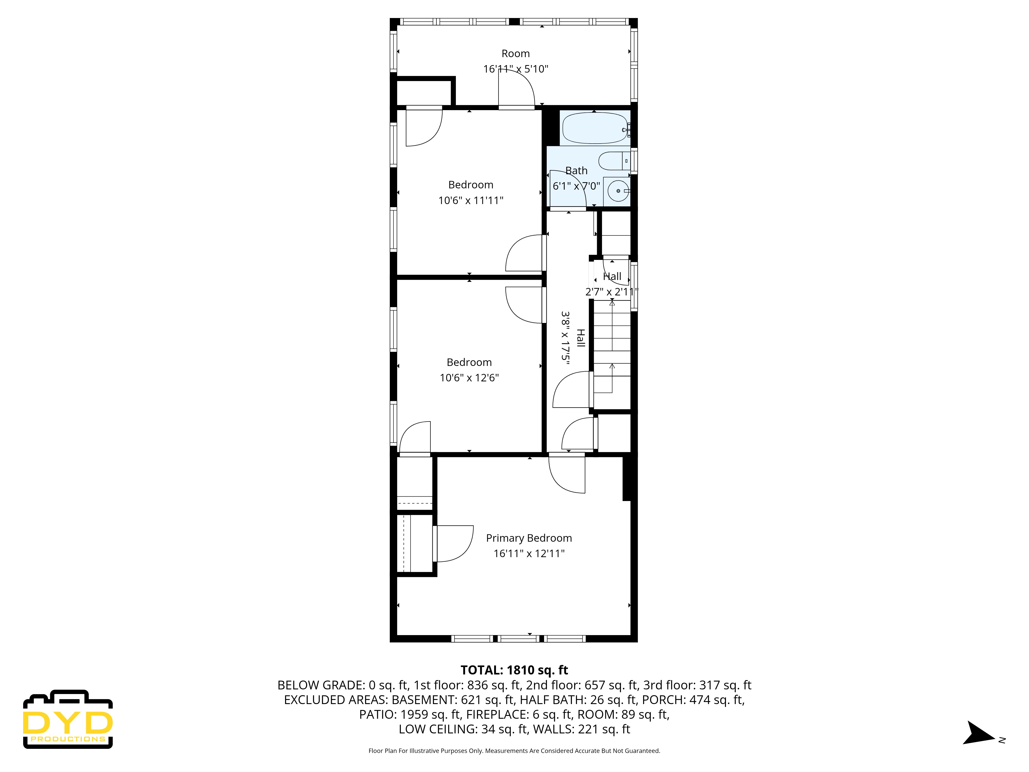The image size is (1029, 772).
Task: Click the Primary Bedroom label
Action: (x=529, y=538)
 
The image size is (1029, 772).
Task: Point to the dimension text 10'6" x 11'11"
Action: (x=471, y=200)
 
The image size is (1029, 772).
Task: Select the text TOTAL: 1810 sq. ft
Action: (x=514, y=670)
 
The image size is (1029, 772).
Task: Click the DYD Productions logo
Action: (x=68, y=720)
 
